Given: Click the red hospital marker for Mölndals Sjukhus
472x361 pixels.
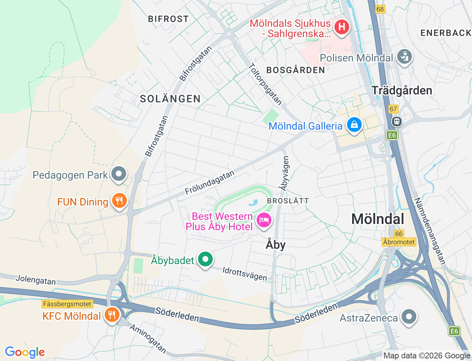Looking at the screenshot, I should (341, 27).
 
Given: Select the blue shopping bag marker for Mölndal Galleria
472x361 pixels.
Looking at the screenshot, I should (354, 125).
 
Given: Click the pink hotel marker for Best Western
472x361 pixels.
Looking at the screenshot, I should (264, 220).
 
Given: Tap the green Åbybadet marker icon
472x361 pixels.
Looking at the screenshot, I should (205, 259).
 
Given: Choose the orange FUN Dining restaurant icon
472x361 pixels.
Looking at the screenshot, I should (119, 201).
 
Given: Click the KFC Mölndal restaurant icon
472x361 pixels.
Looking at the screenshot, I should (111, 315).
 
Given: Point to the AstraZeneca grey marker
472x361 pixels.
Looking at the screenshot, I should (409, 317).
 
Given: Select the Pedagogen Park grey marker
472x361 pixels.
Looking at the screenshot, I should (119, 174).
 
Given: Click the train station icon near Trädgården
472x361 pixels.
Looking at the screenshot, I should (397, 121).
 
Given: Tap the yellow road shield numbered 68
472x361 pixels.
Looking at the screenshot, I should (380, 9).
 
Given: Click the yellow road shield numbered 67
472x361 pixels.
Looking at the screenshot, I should (393, 109).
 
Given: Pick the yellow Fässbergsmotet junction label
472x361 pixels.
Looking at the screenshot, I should (67, 304).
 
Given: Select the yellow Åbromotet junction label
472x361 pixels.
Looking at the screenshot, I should (399, 242).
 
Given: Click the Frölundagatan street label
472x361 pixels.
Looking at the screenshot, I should (209, 183).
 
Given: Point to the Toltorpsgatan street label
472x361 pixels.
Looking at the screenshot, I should (265, 84).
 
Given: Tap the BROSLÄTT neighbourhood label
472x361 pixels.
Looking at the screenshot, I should (288, 201).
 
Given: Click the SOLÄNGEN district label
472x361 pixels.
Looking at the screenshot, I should (170, 99).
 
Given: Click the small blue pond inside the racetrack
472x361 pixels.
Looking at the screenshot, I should (253, 203).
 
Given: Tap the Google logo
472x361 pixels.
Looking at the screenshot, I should (25, 352).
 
